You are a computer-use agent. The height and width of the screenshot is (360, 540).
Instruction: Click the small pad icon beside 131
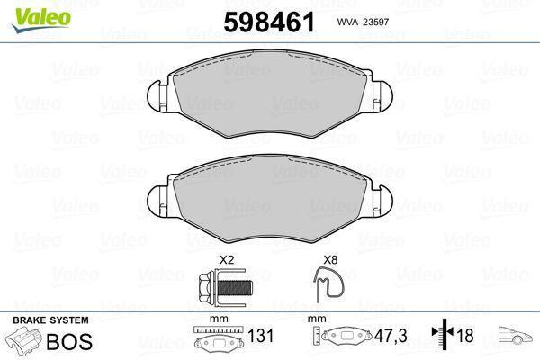220,341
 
